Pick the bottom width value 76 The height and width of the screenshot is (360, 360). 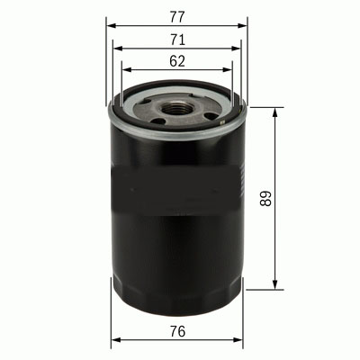point(177,330)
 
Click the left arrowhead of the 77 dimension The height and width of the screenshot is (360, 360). point(111,24)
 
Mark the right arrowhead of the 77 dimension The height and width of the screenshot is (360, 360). point(242,24)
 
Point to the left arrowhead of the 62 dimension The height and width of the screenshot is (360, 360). point(126,71)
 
